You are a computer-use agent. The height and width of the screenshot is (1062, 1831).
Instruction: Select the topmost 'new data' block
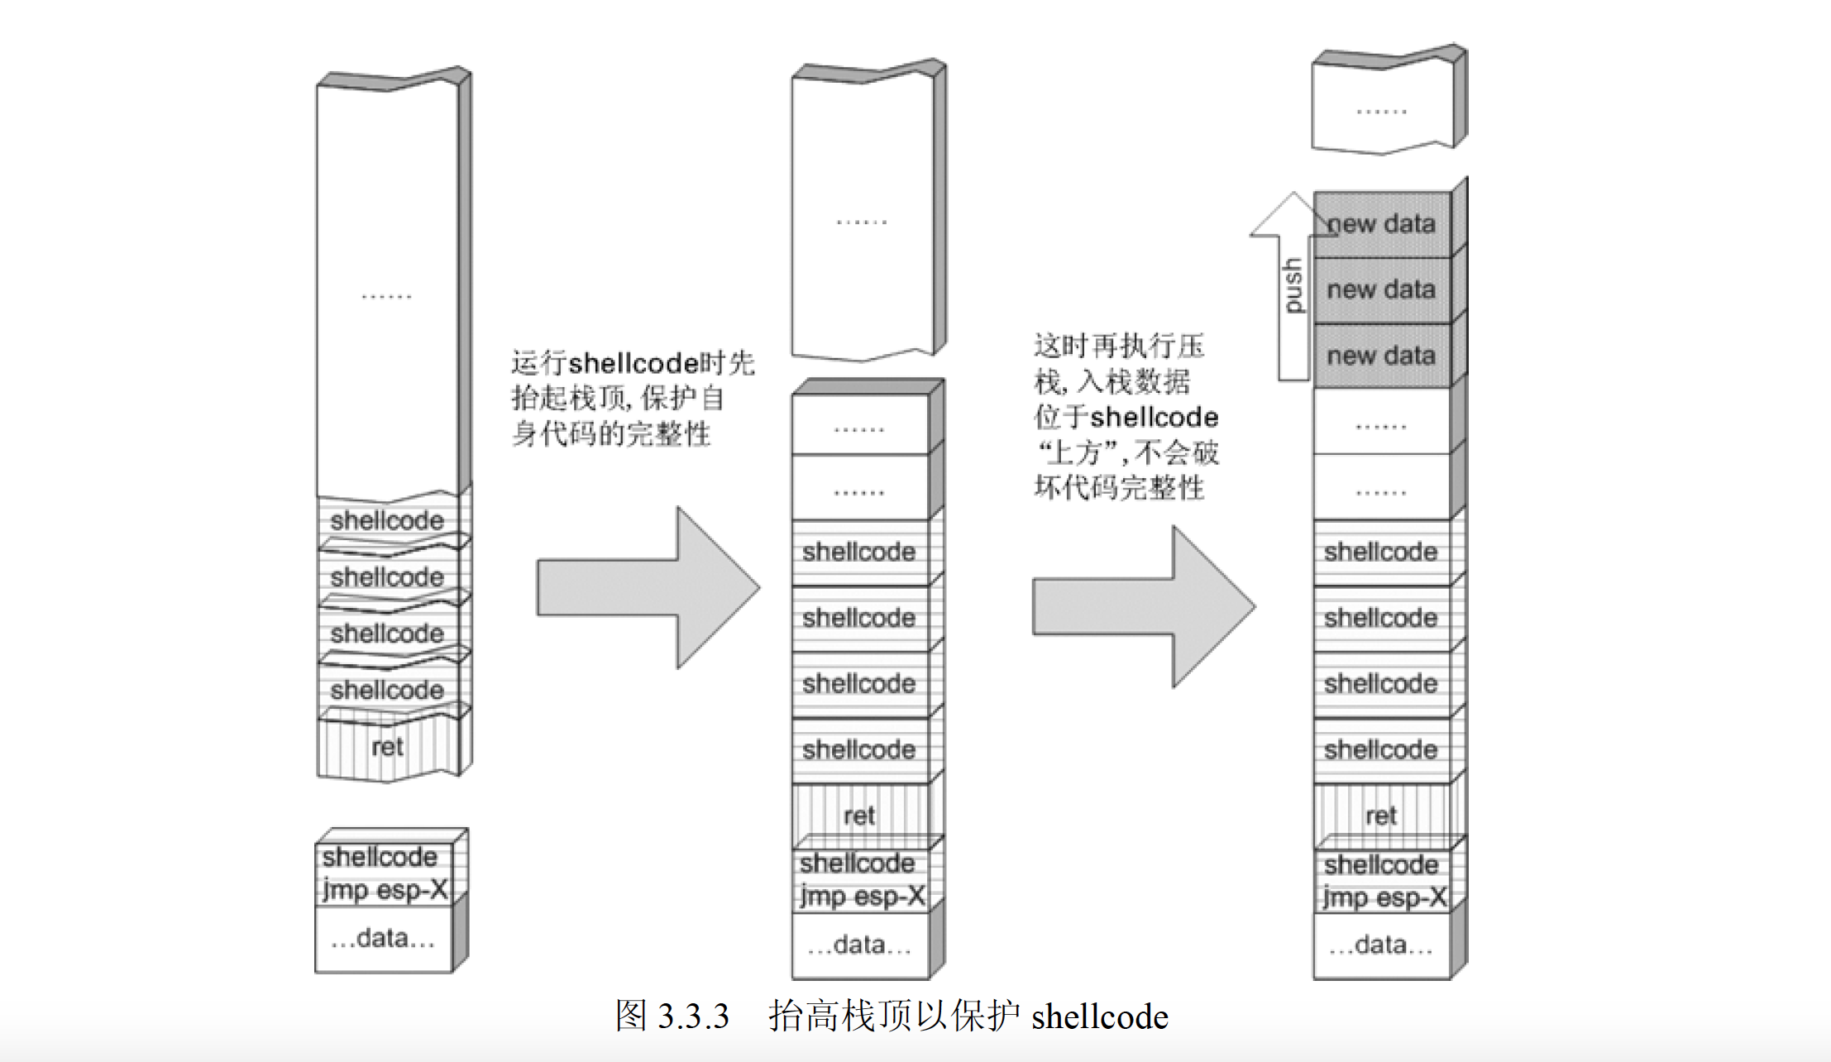[1381, 224]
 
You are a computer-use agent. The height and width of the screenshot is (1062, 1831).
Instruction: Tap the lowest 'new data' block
[1381, 356]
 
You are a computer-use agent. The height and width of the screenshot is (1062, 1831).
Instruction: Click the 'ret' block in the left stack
[387, 748]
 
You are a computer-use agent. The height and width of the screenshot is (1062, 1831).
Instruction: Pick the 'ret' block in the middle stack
[859, 816]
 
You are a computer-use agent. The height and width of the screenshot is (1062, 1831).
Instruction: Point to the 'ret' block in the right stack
[1381, 816]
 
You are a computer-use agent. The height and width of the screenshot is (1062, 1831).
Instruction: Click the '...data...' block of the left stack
[383, 939]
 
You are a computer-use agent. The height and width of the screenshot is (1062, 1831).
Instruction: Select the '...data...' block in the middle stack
[859, 945]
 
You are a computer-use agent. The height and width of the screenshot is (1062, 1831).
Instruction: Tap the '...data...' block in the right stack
[1381, 945]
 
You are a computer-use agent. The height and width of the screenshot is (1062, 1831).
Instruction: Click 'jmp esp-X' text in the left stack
[385, 890]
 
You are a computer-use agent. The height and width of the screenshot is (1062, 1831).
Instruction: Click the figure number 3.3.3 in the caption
[693, 1017]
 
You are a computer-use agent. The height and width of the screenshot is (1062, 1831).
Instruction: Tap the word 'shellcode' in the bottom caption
[1100, 1017]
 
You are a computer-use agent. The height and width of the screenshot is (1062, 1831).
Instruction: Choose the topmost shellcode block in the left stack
[387, 521]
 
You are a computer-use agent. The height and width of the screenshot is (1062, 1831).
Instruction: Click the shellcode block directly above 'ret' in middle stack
[859, 749]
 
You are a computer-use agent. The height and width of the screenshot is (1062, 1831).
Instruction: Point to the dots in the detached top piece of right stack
[1381, 111]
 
